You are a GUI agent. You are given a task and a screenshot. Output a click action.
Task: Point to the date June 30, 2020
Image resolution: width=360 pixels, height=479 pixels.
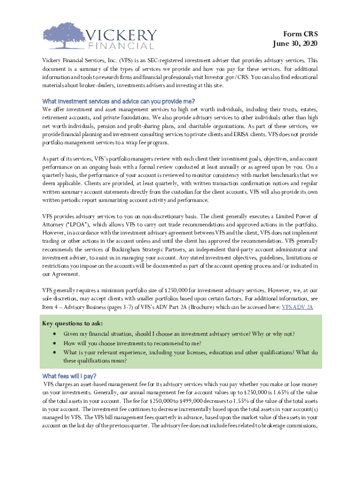pyautogui.click(x=295, y=44)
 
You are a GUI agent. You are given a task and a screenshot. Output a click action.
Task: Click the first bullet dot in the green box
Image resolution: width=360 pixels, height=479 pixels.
pyautogui.click(x=56, y=334)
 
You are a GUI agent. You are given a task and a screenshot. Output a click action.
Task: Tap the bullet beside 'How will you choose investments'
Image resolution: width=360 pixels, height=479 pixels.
pyautogui.click(x=56, y=343)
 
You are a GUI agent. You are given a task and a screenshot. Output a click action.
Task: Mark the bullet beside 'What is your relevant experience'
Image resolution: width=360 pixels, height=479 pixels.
pyautogui.click(x=56, y=352)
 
